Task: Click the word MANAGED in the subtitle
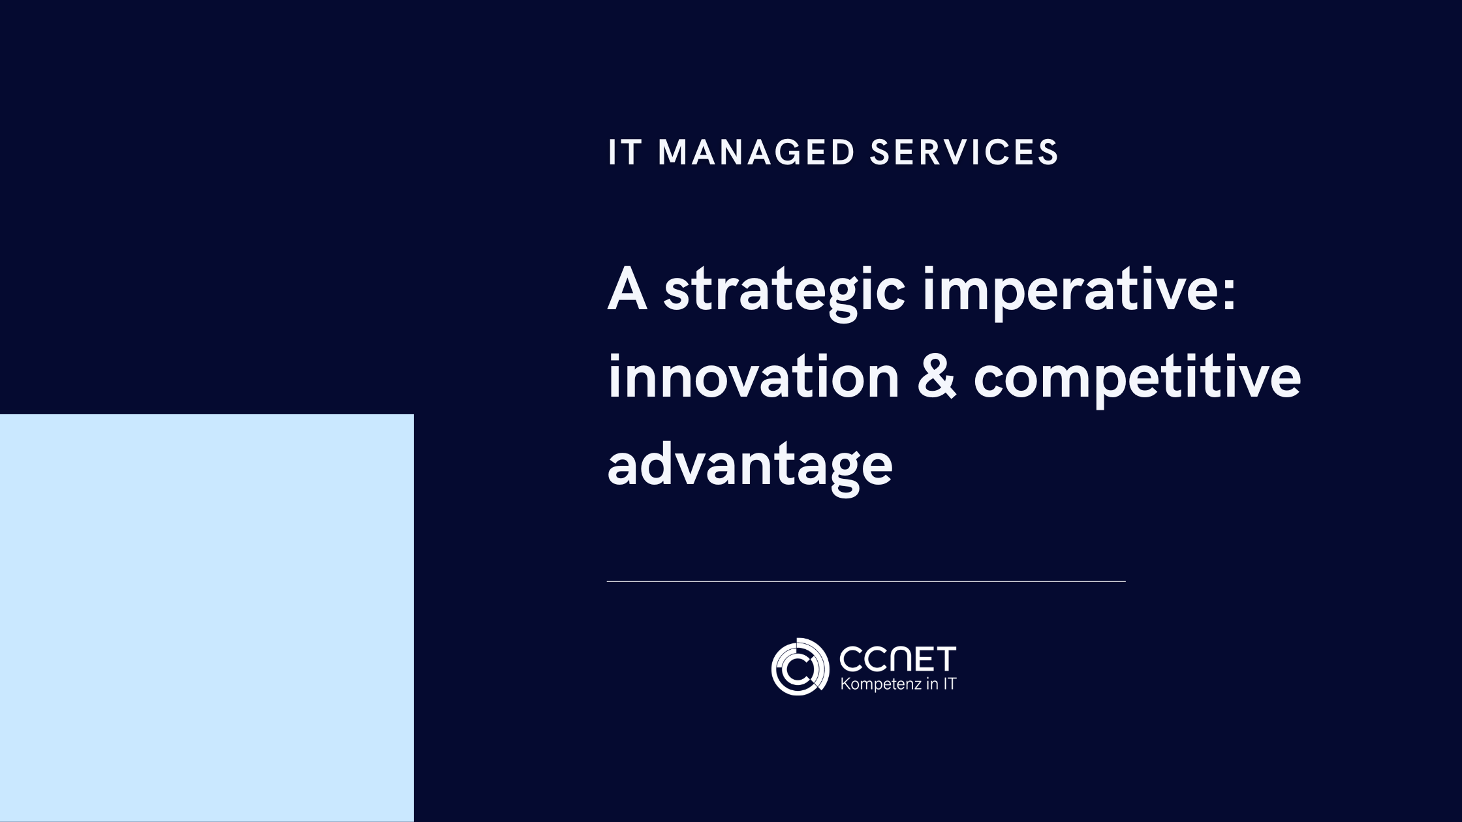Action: tap(756, 153)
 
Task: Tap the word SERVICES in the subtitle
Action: tap(964, 153)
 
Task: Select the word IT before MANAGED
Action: tap(625, 153)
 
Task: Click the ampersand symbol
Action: tap(937, 378)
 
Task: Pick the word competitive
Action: tap(1137, 379)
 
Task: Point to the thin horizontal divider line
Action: tap(866, 581)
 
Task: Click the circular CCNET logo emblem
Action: tap(800, 667)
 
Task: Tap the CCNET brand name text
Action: tap(897, 660)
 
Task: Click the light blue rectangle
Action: tap(206, 617)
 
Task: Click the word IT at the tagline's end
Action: tap(950, 684)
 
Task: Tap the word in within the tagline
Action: tap(931, 684)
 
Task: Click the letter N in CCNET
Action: tap(897, 660)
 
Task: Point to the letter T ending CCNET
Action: tap(945, 660)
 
